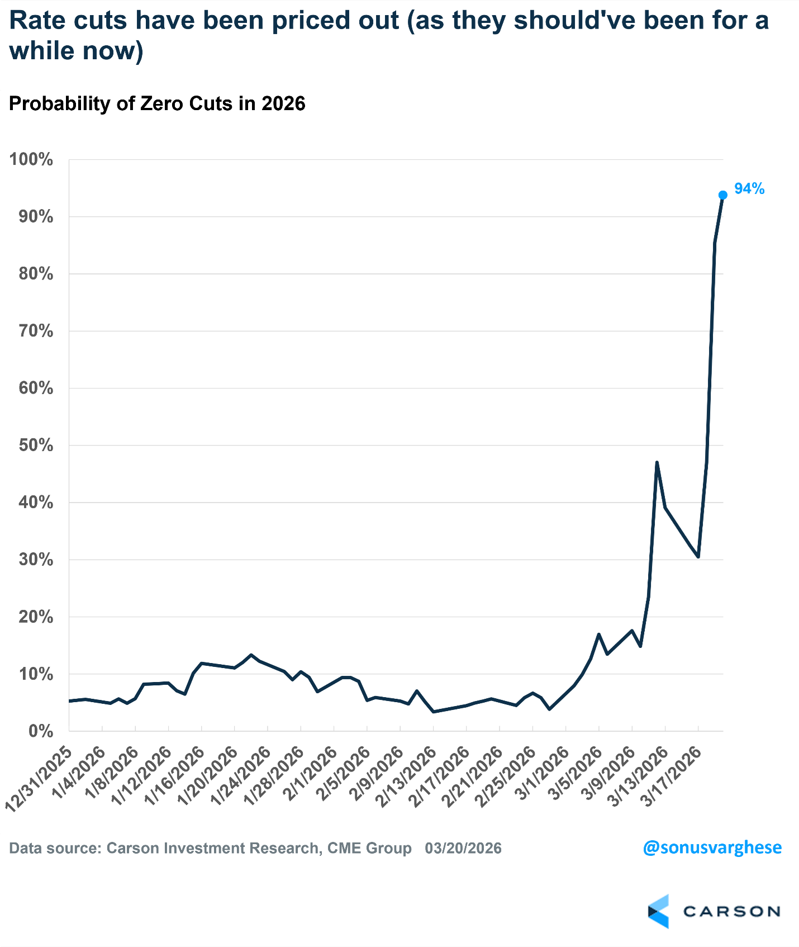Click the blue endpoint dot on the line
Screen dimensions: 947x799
722,195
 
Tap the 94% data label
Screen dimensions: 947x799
749,189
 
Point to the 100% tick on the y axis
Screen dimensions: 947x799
31,159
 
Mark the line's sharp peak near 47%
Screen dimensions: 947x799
657,462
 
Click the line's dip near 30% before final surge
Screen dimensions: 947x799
698,557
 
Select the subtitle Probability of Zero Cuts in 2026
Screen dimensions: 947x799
157,104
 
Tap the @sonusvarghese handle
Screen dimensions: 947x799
712,847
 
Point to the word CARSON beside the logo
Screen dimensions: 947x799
731,912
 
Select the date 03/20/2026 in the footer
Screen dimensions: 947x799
463,848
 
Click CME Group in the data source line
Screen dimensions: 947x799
369,848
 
